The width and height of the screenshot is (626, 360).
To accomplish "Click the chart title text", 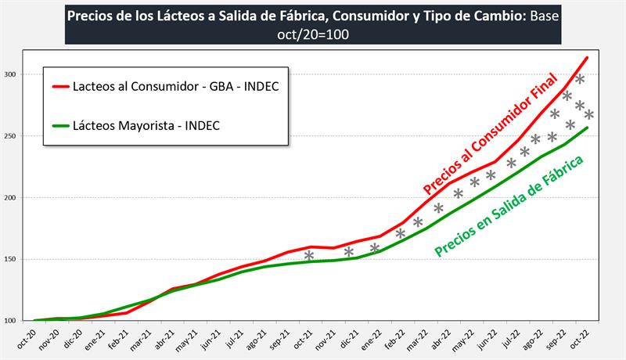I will pyautogui.click(x=313, y=23).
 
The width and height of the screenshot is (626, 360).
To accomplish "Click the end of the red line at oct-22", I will pyautogui.click(x=587, y=57).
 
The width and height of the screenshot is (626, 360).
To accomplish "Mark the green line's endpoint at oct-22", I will pyautogui.click(x=587, y=128).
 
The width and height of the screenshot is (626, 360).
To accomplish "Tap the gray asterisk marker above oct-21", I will pyautogui.click(x=309, y=256).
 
